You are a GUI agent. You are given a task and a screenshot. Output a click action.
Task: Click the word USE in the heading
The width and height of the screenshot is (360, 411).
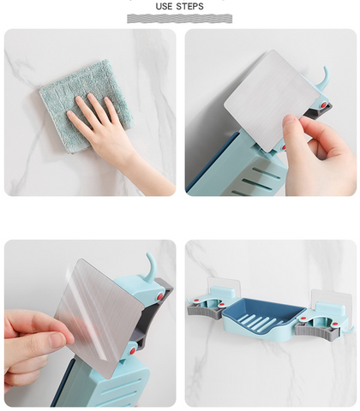point(164,6)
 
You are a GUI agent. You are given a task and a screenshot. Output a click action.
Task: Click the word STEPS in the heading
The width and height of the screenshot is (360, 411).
point(189,6)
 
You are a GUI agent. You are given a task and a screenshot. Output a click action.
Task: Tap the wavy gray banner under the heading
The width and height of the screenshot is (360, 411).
point(180,19)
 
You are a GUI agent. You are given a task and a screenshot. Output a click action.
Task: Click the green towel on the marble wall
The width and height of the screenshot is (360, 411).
point(83,105)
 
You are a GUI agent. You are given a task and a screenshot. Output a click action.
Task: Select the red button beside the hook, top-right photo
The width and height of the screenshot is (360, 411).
point(323,105)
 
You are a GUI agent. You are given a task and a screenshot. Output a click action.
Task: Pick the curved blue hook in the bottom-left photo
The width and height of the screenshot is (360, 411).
point(152,264)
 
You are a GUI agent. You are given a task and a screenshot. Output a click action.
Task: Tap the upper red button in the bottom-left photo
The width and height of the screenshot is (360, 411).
point(160,297)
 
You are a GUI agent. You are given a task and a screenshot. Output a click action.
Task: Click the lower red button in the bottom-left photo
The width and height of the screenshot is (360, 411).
point(132,351)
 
